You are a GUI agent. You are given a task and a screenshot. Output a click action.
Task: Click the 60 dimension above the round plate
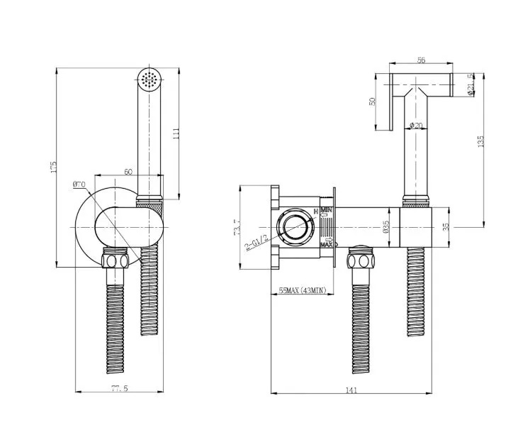pos(128,171)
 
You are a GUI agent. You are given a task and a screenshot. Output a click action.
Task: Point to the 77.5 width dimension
pos(119,389)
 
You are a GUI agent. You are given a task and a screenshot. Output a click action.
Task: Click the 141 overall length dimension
pos(352,389)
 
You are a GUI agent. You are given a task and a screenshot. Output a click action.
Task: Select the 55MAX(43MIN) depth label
pos(301,290)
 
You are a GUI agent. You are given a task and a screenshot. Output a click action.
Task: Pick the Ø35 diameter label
pos(385,226)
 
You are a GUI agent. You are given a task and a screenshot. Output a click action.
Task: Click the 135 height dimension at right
pos(481,141)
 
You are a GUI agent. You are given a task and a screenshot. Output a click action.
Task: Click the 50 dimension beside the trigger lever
pos(373,101)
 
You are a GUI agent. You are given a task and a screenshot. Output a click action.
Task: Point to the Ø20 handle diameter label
pos(417,126)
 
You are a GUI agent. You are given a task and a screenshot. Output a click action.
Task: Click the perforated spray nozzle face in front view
pos(149,80)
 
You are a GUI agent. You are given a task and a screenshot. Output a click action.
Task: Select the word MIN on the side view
pos(327,211)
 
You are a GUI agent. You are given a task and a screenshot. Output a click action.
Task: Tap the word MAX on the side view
pos(327,245)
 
